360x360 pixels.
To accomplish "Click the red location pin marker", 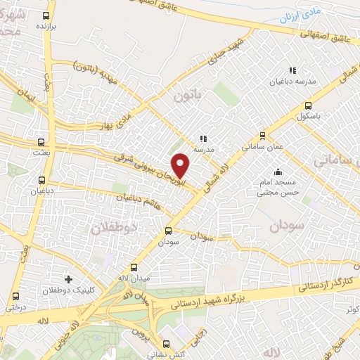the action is pos(181,165).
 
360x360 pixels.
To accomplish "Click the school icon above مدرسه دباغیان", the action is pos(292,70).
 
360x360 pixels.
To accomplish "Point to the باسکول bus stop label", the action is pos(308,115).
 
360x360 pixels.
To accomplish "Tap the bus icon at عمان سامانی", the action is pos(262,136).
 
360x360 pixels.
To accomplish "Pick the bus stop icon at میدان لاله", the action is pos(134,267).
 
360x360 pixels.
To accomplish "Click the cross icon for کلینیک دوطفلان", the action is pos(68,279).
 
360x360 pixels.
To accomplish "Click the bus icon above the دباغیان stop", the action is pos(42,179).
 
